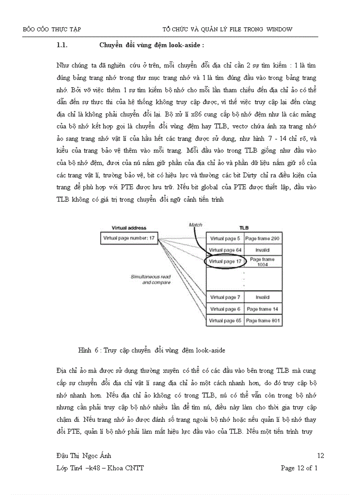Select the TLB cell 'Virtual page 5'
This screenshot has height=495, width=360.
[225, 238]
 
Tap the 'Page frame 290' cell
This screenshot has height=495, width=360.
[263, 238]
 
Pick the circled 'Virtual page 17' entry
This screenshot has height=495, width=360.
[225, 261]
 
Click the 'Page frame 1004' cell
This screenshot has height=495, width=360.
[263, 262]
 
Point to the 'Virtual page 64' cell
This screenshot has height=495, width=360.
[225, 250]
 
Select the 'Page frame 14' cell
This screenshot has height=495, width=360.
[263, 309]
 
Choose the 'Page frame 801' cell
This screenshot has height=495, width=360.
[263, 320]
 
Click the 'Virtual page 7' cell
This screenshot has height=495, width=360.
[225, 298]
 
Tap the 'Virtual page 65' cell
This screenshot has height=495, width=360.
[225, 320]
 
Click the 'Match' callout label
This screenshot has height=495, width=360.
[195, 225]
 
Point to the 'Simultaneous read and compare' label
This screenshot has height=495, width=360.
[150, 279]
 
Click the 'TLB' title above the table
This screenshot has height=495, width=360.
[244, 228]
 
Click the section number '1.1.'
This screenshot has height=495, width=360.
[61, 45]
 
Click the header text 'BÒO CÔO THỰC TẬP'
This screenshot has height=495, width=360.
[52, 29]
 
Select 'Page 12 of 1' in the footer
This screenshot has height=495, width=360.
[299, 468]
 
